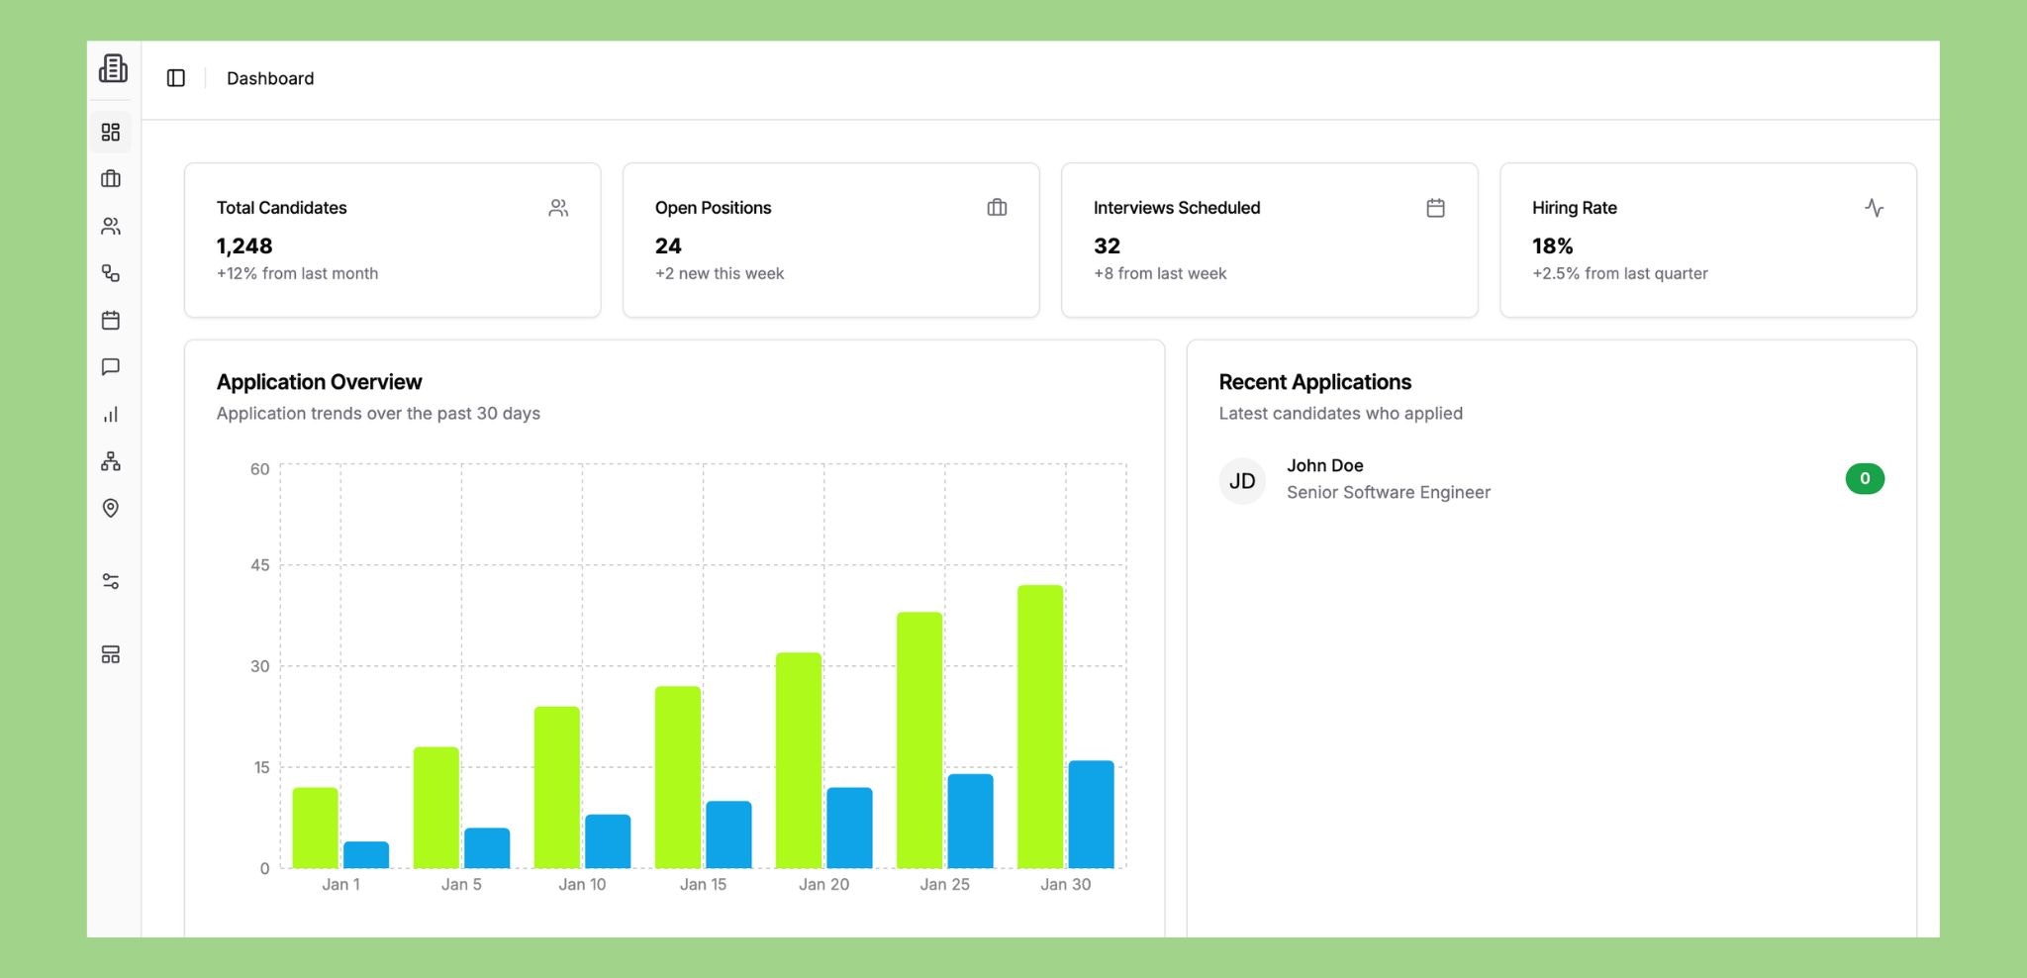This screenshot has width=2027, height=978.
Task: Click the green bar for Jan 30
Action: pyautogui.click(x=1039, y=727)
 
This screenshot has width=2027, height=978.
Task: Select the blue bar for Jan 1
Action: pyautogui.click(x=366, y=855)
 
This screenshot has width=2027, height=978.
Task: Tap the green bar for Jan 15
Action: pyautogui.click(x=678, y=777)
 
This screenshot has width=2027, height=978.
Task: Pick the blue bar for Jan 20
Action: pyautogui.click(x=849, y=828)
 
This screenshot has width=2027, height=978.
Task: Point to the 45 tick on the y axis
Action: pyautogui.click(x=259, y=565)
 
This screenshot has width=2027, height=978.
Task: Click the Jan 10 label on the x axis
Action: pyautogui.click(x=582, y=884)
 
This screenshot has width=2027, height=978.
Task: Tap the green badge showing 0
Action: pyautogui.click(x=1865, y=479)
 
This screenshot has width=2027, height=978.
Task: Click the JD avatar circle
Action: pyautogui.click(x=1242, y=481)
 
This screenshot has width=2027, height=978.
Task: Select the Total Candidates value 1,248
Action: pyautogui.click(x=244, y=245)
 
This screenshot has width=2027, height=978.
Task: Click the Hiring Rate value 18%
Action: pyautogui.click(x=1552, y=245)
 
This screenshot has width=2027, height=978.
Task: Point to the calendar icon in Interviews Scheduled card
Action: pyautogui.click(x=1435, y=208)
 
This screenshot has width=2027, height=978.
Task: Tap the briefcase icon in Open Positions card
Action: pyautogui.click(x=997, y=208)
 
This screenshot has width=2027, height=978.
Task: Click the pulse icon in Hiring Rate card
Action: pyautogui.click(x=1874, y=208)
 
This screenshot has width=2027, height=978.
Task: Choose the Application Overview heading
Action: pyautogui.click(x=319, y=382)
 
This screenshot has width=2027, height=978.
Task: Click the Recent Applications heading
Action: pyautogui.click(x=1314, y=382)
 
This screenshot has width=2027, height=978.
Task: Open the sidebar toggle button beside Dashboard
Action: pyautogui.click(x=176, y=78)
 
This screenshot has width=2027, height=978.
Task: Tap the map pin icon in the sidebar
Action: pyautogui.click(x=111, y=508)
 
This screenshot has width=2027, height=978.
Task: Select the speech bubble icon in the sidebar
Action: pyautogui.click(x=111, y=367)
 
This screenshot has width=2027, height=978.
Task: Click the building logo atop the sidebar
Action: pyautogui.click(x=113, y=68)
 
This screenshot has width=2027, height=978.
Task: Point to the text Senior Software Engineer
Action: pyautogui.click(x=1388, y=492)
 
